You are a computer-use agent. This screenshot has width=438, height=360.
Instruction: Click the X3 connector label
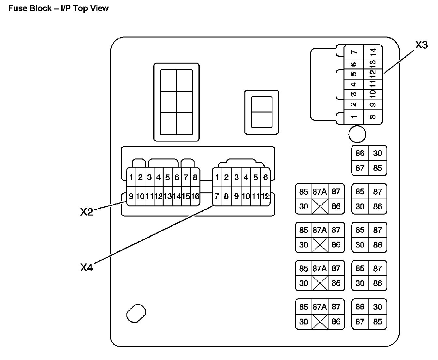click(421, 45)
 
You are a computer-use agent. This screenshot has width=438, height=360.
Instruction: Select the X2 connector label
click(87, 212)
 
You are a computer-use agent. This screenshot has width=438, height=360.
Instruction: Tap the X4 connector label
click(87, 267)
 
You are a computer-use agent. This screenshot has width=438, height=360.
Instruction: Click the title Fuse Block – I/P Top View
click(58, 8)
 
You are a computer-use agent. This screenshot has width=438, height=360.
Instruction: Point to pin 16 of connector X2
click(195, 196)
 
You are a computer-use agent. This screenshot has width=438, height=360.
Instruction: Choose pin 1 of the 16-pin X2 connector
click(131, 177)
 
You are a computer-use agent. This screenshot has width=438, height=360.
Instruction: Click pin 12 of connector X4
click(265, 196)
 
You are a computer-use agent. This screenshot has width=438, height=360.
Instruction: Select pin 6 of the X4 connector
click(265, 177)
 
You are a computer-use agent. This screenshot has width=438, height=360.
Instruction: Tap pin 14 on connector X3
click(373, 52)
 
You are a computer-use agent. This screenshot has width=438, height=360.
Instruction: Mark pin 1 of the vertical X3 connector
click(354, 117)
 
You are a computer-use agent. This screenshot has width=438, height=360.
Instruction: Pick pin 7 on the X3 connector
click(354, 52)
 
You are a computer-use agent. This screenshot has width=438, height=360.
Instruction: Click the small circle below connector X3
click(357, 134)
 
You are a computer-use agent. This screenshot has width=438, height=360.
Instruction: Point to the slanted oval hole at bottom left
click(136, 313)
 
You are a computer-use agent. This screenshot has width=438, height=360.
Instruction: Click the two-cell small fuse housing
click(262, 112)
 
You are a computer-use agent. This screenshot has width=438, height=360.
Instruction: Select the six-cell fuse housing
click(176, 102)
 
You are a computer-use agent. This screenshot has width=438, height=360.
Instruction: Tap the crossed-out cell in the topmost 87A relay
click(320, 206)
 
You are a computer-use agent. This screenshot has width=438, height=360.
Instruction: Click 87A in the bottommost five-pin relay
click(320, 307)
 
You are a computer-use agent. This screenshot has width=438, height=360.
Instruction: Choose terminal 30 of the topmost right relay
click(378, 153)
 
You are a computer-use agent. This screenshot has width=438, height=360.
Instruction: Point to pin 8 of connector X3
click(373, 117)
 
